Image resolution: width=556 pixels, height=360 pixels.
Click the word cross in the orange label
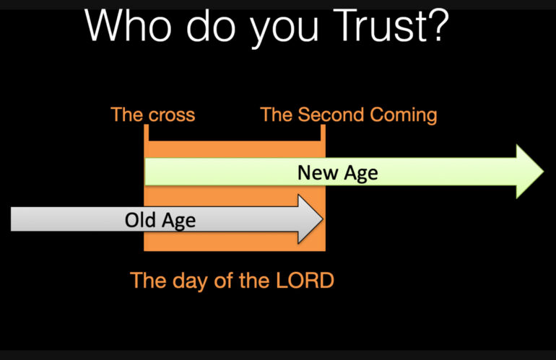click(172, 115)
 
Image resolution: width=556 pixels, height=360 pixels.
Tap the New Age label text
click(337, 173)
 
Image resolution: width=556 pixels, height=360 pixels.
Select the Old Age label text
click(160, 219)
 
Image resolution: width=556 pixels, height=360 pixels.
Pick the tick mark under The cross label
click(146, 133)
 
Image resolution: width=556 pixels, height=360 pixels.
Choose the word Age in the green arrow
click(360, 173)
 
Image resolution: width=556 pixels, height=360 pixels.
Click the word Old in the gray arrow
click(139, 219)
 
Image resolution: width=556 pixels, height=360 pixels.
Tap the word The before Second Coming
click(277, 115)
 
